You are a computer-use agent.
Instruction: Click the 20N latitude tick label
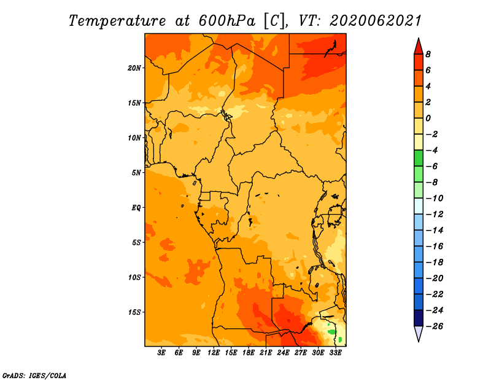134,68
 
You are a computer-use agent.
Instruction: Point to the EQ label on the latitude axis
136,208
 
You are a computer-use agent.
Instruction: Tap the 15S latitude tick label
134,312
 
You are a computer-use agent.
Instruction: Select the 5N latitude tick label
136,173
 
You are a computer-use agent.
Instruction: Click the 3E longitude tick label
161,353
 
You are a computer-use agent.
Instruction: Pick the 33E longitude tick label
335,353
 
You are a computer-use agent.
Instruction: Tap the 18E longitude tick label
249,353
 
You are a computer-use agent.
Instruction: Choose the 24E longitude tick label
283,353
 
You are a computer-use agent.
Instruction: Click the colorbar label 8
428,54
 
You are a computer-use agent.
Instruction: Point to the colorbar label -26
435,327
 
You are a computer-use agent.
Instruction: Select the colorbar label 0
428,118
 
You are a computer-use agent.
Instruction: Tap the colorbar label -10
435,199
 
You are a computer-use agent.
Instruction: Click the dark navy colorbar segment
419,318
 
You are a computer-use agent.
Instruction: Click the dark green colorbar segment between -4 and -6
419,158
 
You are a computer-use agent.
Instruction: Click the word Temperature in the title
117,21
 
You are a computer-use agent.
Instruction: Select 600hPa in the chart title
226,21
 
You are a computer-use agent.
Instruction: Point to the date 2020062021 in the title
376,21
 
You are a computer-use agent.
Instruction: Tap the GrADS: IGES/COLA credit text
34,376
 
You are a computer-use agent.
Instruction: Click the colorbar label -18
435,263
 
